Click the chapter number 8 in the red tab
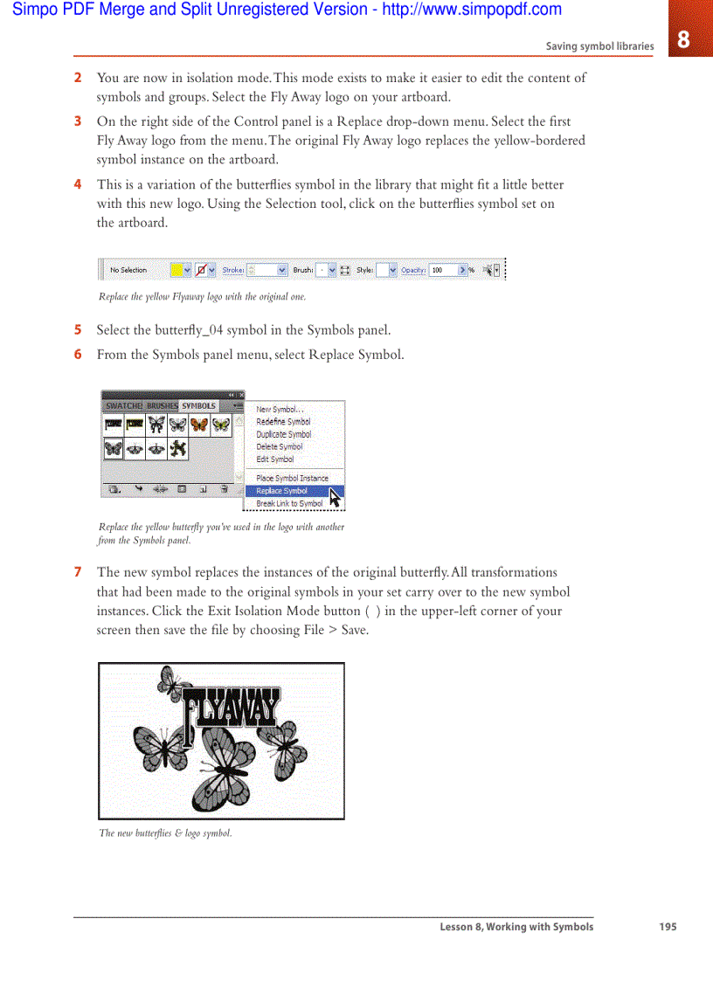(683, 39)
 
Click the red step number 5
(78, 330)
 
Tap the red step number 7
(78, 573)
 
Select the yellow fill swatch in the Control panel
(177, 271)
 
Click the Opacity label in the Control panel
(413, 271)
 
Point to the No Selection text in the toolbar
(128, 271)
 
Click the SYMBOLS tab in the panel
(198, 406)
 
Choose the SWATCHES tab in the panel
(124, 406)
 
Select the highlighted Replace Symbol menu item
(281, 491)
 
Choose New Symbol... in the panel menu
(280, 410)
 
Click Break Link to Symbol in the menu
(289, 503)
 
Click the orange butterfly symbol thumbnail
(199, 425)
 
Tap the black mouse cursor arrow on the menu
(335, 498)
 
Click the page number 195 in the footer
(668, 927)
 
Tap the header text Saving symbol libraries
(599, 46)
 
